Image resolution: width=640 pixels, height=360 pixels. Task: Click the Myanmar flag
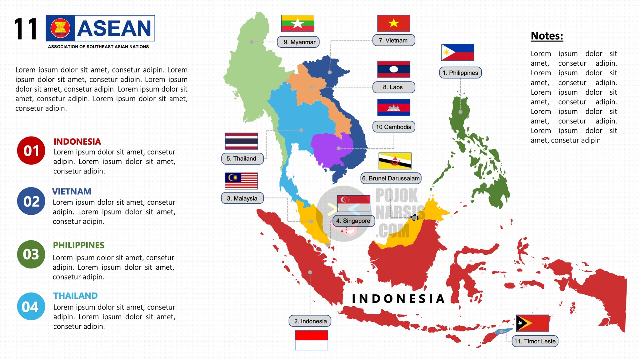297,23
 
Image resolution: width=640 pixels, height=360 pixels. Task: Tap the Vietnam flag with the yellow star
393,23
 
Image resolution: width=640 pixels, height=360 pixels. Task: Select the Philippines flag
457,52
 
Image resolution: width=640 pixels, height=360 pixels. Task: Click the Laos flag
393,69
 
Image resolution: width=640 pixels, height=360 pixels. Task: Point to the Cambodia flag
393,107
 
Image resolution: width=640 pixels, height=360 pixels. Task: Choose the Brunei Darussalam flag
395,161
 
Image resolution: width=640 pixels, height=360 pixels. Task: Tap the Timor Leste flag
532,323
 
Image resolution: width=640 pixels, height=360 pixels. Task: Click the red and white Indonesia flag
311,340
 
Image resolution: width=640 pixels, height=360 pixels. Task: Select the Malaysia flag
241,181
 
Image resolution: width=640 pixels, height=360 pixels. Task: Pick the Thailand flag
241,141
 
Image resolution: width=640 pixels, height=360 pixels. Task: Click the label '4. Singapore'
353,221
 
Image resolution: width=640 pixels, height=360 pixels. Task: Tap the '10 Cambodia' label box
393,127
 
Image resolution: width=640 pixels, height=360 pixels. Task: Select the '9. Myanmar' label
298,42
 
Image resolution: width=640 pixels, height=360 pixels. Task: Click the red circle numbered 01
31,151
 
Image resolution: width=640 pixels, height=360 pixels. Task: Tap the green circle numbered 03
31,254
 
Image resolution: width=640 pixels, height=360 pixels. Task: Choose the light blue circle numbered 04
31,307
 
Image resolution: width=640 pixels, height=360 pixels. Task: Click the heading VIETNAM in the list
72,191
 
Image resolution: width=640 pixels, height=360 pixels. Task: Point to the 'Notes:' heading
547,36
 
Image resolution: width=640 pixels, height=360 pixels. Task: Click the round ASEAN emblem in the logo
60,28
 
